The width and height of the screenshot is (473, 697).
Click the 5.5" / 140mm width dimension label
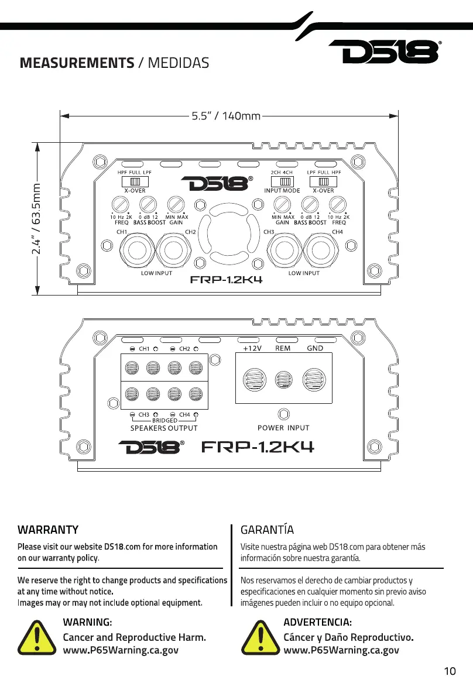pos(226,116)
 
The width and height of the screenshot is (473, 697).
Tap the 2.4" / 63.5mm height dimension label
pos(36,218)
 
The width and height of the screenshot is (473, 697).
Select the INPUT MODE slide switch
pos(282,181)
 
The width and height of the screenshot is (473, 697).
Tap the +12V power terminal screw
pos(255,380)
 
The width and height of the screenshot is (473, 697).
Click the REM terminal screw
pos(283,380)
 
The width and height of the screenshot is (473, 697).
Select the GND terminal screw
pos(314,380)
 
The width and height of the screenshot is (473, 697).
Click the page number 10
pos(450,671)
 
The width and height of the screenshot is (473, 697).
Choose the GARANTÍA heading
pos(267,529)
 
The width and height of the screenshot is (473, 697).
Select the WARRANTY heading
pos(48,530)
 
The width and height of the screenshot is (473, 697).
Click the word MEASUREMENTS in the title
pos(77,63)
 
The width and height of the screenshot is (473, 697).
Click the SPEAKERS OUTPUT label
pos(163,428)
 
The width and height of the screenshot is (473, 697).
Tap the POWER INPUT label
pos(283,428)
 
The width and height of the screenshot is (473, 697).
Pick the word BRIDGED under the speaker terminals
pos(164,420)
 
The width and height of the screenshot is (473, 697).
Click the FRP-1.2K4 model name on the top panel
pos(227,280)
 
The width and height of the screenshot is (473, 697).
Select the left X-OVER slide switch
pos(135,181)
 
